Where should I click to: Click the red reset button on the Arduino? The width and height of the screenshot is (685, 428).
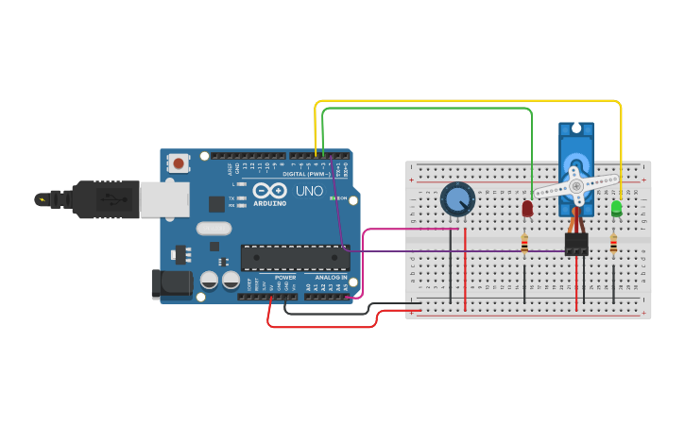tap(179, 163)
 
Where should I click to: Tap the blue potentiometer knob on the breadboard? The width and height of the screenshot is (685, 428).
tap(457, 198)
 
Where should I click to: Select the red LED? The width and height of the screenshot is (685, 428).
tap(527, 207)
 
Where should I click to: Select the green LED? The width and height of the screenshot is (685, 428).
tap(616, 207)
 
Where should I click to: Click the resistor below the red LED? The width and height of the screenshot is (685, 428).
tap(524, 245)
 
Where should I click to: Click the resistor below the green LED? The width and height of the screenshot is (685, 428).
tap(613, 245)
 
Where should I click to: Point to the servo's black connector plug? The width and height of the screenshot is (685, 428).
tap(576, 245)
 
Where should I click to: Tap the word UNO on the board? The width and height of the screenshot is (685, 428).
tap(310, 191)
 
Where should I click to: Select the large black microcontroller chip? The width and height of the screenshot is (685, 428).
tap(295, 257)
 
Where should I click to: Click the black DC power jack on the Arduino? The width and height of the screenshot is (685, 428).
tap(171, 283)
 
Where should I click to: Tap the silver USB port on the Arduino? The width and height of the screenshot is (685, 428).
tap(164, 199)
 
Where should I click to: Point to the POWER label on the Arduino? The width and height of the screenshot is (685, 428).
tap(285, 277)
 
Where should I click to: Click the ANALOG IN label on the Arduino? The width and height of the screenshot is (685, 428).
tap(331, 277)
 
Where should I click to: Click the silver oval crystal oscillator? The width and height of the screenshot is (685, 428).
tap(214, 228)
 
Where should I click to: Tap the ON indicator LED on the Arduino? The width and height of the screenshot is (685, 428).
tap(331, 198)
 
